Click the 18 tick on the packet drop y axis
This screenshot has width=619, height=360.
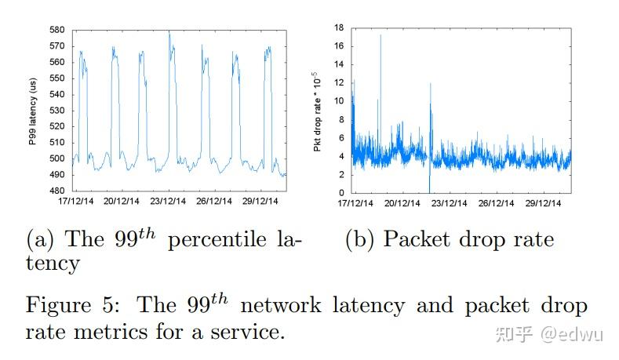point(340,27)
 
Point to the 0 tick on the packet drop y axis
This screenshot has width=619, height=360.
point(341,193)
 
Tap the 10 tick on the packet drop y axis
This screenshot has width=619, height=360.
point(340,100)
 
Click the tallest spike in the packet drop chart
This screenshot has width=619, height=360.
point(381,35)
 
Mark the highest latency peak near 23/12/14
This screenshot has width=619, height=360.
point(169,32)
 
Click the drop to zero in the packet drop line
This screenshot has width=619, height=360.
point(430,190)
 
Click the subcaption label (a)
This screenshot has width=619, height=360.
point(40,240)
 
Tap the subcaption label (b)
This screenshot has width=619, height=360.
point(359,240)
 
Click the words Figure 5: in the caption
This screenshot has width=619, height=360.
point(68,304)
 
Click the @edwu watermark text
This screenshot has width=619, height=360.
point(576,334)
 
